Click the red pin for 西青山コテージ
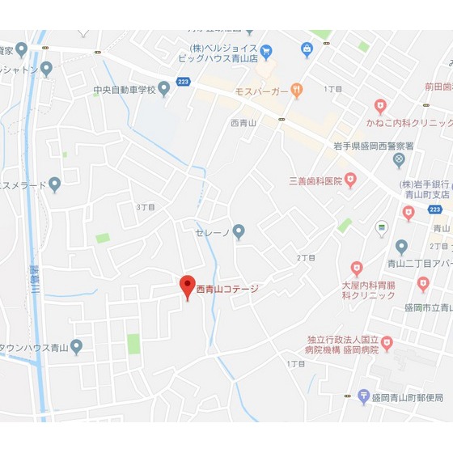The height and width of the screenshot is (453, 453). point(187,287)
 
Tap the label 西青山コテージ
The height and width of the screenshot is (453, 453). point(227,288)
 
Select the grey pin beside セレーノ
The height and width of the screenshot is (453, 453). point(239,232)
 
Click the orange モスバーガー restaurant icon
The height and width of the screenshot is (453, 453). point(297,91)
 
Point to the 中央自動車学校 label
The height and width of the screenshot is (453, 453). point(124,89)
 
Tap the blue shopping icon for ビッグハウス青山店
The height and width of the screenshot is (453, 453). point(307,50)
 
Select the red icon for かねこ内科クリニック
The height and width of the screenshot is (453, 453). point(380,106)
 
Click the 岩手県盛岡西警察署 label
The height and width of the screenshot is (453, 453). point(374,146)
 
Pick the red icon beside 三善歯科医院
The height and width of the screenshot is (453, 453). point(350,180)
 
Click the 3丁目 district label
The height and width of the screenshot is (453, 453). point(146,208)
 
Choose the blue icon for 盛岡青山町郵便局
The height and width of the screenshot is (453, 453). point(364,396)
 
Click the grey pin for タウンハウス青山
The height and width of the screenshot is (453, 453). point(76,347)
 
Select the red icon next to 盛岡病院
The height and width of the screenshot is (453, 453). point(387,344)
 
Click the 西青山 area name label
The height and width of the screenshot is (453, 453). point(242,123)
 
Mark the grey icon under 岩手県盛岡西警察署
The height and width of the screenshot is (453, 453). point(399,159)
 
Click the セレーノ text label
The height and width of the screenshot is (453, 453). point(213,233)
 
